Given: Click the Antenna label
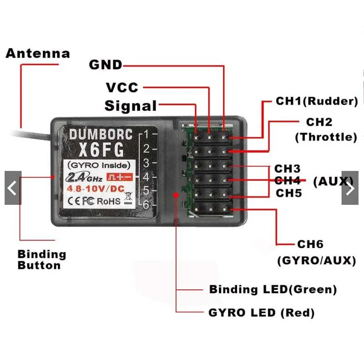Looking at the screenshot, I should point(38,53).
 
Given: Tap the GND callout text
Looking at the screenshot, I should point(106,65).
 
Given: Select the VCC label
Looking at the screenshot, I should point(121,87).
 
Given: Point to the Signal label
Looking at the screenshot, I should point(131,106).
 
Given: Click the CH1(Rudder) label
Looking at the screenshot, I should point(317,101).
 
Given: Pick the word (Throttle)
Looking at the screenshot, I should point(326,137).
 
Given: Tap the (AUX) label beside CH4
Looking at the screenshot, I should point(334,182).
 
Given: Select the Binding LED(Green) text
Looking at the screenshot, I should point(273,289).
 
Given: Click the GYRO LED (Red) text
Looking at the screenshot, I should point(261,313).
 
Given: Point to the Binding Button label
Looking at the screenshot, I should point(42,260).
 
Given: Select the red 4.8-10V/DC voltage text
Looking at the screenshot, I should point(94,188).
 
